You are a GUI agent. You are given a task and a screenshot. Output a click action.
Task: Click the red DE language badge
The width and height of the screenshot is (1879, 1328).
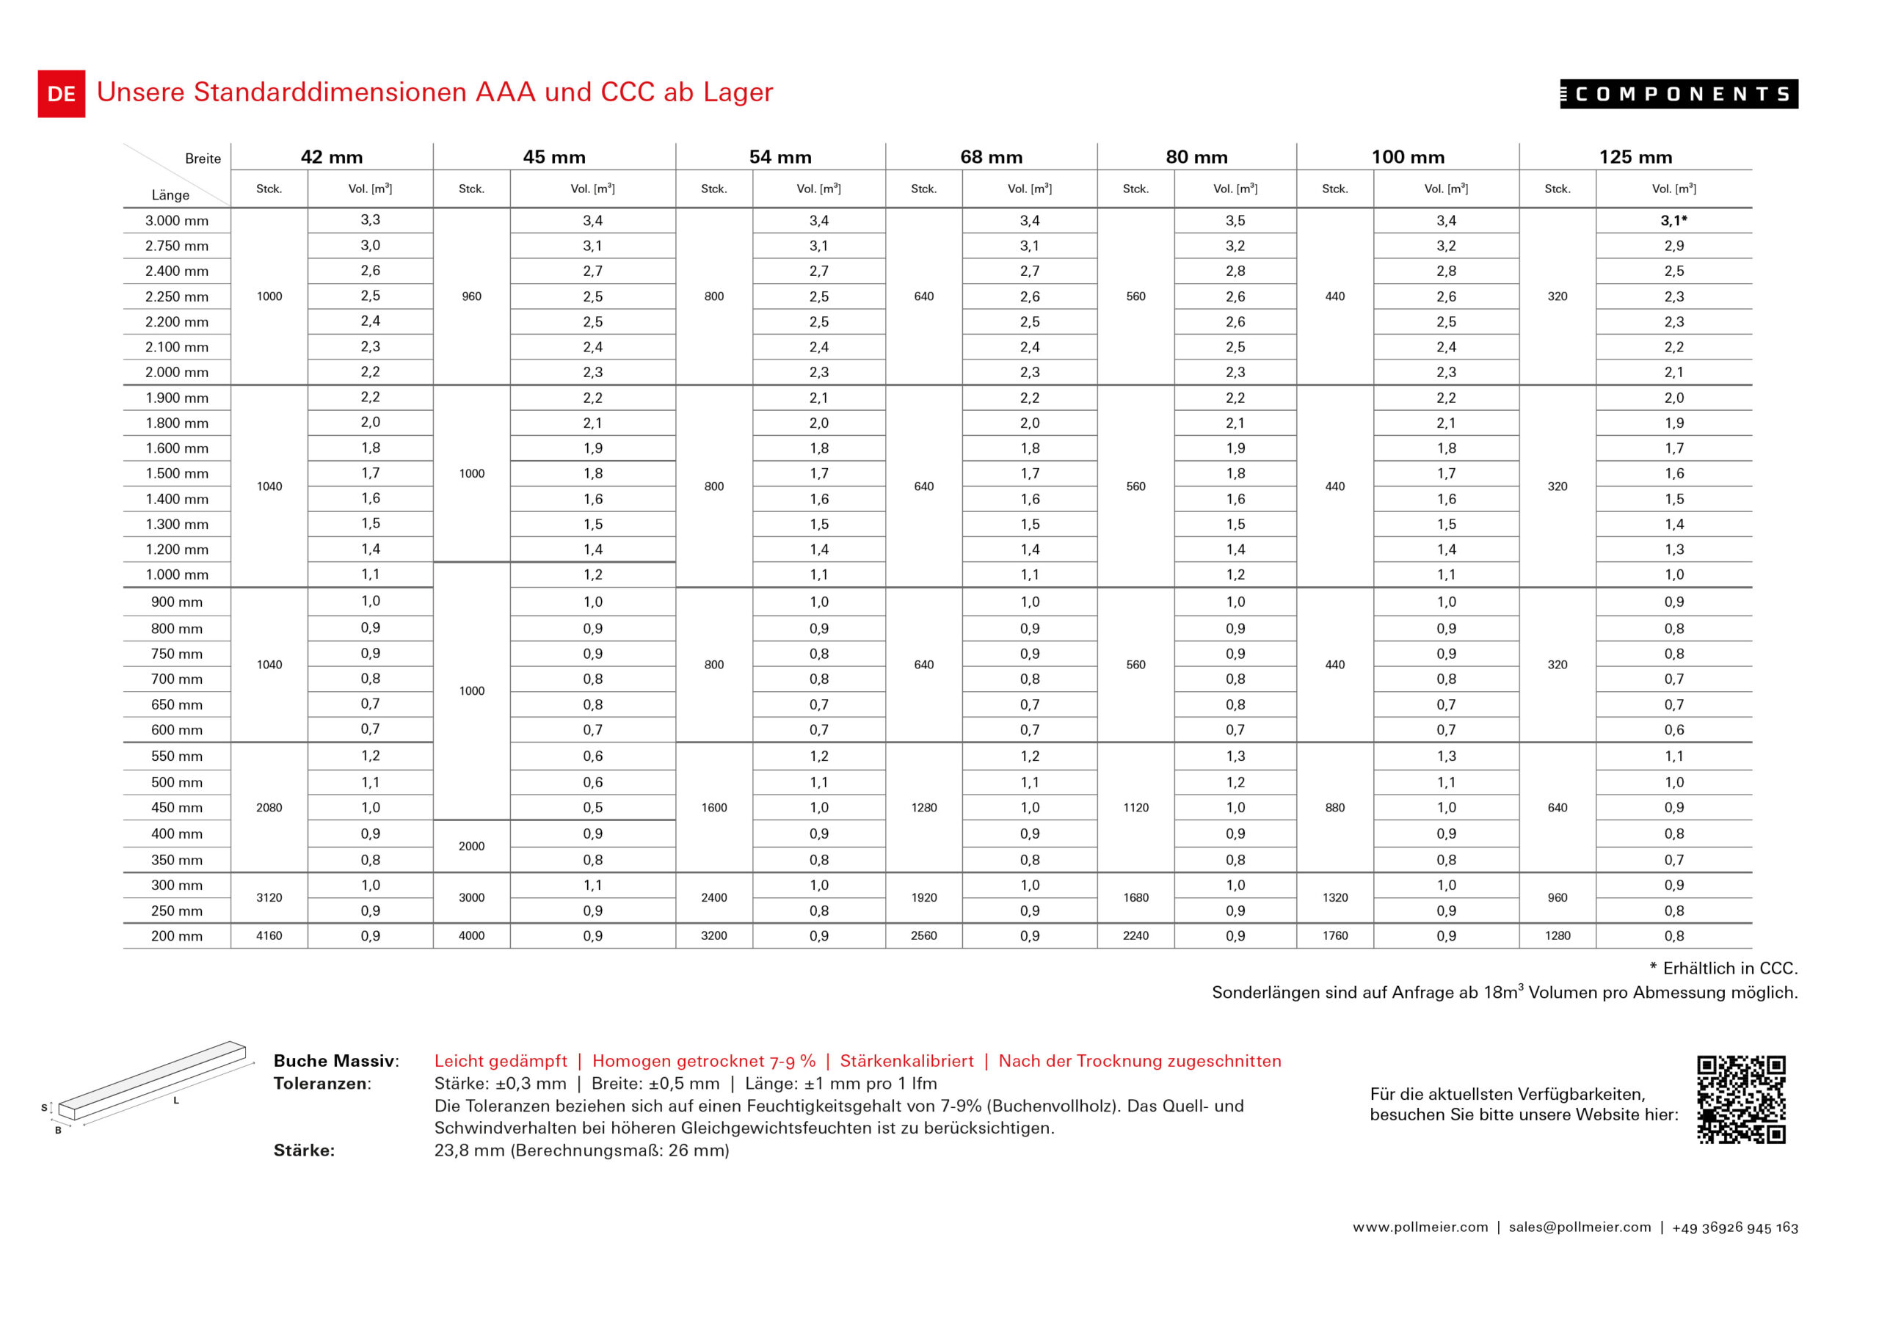click(x=62, y=94)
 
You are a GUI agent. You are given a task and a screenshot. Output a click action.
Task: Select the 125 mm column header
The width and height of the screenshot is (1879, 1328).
click(x=1635, y=157)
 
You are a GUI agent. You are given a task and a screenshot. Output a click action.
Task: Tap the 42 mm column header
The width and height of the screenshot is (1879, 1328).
click(x=332, y=157)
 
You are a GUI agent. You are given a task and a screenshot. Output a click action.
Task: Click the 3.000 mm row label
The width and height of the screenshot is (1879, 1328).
click(x=177, y=221)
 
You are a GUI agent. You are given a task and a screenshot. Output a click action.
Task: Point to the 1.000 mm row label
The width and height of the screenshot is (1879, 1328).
click(x=177, y=574)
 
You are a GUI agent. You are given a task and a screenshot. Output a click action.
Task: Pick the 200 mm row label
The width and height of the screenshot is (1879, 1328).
click(x=177, y=936)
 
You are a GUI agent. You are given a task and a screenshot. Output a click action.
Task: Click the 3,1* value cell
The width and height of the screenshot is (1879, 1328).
click(x=1673, y=221)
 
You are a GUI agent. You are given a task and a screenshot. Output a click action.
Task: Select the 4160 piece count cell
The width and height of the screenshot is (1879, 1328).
click(x=269, y=936)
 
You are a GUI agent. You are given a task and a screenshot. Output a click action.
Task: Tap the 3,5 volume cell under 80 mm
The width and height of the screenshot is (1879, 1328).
click(x=1235, y=221)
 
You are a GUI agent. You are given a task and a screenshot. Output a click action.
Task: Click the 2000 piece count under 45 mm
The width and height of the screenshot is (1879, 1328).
click(x=471, y=846)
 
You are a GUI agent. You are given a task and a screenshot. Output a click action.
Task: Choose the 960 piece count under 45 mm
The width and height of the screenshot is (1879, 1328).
click(x=471, y=296)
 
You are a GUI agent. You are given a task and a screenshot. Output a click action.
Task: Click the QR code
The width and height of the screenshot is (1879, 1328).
click(x=1741, y=1099)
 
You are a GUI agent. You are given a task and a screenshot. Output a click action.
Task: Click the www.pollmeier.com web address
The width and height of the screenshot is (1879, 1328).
click(x=1420, y=1227)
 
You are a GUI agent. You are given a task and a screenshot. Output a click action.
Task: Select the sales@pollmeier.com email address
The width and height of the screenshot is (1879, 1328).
click(x=1580, y=1227)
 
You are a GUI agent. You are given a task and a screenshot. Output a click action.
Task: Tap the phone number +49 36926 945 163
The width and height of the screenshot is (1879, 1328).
click(x=1735, y=1227)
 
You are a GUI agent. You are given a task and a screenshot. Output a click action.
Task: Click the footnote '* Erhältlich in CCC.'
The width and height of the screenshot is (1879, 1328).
click(x=1723, y=968)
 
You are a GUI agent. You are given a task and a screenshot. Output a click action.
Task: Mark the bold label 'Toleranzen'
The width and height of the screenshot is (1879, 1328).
click(x=321, y=1084)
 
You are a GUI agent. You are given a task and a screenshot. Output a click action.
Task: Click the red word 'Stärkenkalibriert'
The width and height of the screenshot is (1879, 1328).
click(x=906, y=1061)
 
